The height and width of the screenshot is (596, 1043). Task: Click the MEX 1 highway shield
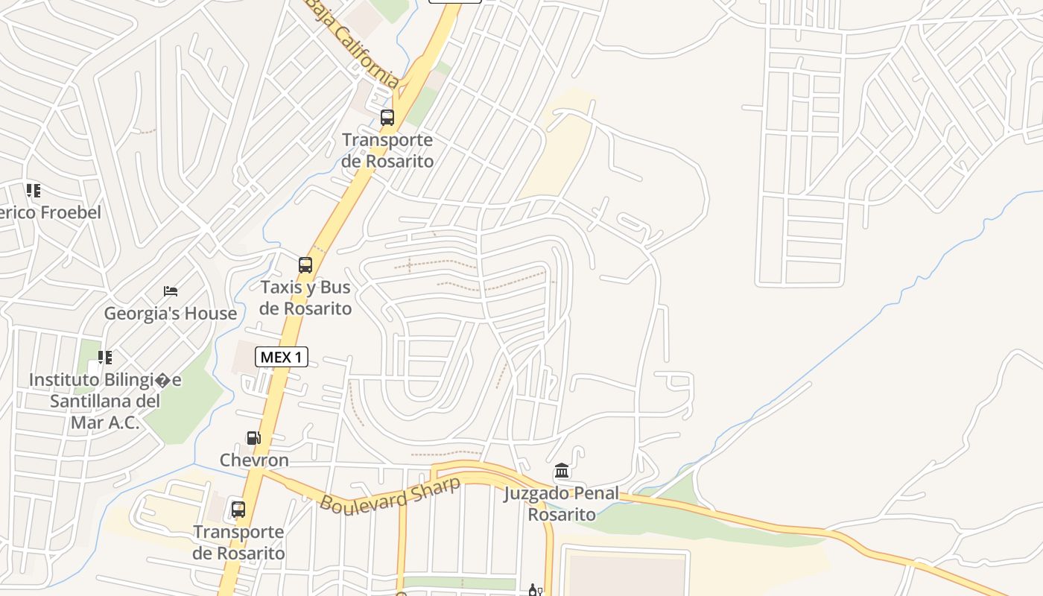pos(282,357)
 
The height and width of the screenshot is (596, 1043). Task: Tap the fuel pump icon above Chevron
pos(254,438)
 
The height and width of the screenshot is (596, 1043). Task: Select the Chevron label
pos(254,460)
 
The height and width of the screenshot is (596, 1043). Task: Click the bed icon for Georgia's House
pos(171,291)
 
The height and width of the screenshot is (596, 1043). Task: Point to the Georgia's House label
pos(171,314)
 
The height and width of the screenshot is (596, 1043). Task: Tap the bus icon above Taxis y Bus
pos(305,264)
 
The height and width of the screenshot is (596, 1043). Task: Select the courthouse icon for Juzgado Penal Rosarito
pos(562,471)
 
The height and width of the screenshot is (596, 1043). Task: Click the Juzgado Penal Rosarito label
pos(562,504)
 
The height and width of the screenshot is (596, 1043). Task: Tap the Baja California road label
pos(354,45)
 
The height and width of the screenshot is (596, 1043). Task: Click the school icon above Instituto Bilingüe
pos(105,358)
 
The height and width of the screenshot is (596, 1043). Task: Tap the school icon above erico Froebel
pos(33,191)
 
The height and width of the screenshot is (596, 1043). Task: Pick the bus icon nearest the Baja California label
pos(387,117)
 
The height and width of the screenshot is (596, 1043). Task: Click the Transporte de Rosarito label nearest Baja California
pos(387,150)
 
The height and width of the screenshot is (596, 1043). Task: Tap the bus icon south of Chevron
pos(238,510)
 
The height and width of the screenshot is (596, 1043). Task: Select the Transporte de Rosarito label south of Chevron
pos(238,542)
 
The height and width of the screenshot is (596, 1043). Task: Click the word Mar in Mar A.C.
pos(86,423)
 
